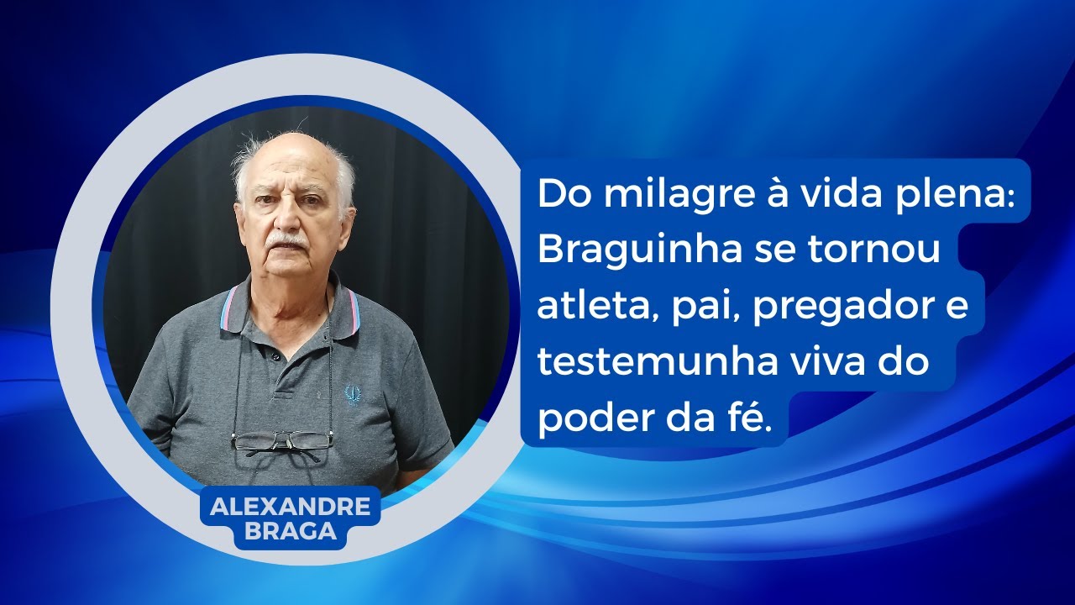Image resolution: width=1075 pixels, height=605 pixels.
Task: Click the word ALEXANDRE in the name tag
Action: tap(290, 507)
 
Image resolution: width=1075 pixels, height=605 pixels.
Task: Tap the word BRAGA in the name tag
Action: tap(290, 531)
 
